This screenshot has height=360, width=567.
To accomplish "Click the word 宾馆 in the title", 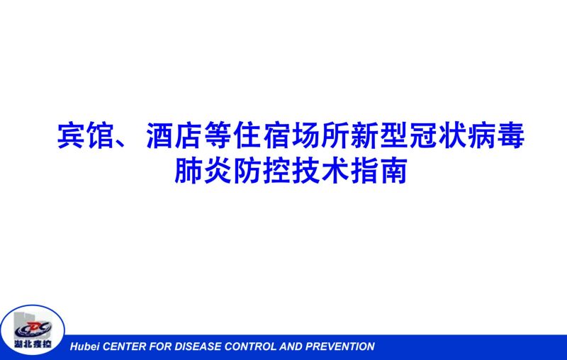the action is tap(86, 135).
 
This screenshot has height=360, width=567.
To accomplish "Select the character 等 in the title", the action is tap(218, 135).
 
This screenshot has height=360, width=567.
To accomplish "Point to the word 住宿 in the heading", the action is tap(262, 135).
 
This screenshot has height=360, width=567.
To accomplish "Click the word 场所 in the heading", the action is tap(321, 135).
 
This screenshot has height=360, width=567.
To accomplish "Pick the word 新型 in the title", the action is tap(379, 135).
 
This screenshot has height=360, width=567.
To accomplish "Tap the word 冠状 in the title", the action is tap(438, 135).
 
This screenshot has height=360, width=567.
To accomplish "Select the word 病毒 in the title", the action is tap(496, 135).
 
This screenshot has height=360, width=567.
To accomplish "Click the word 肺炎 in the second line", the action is tap(203, 170).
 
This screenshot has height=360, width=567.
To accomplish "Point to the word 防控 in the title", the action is tap(262, 170).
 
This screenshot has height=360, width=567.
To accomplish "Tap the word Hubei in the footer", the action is tap(85, 347).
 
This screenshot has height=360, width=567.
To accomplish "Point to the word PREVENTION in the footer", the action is tap(340, 347).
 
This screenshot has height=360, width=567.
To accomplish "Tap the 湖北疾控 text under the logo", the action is tap(33, 344).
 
